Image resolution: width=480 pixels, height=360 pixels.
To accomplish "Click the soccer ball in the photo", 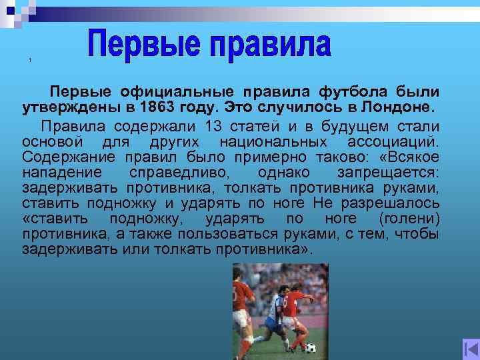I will coord(311,348).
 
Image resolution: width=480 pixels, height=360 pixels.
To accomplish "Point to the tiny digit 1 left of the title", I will coord(31,61).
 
